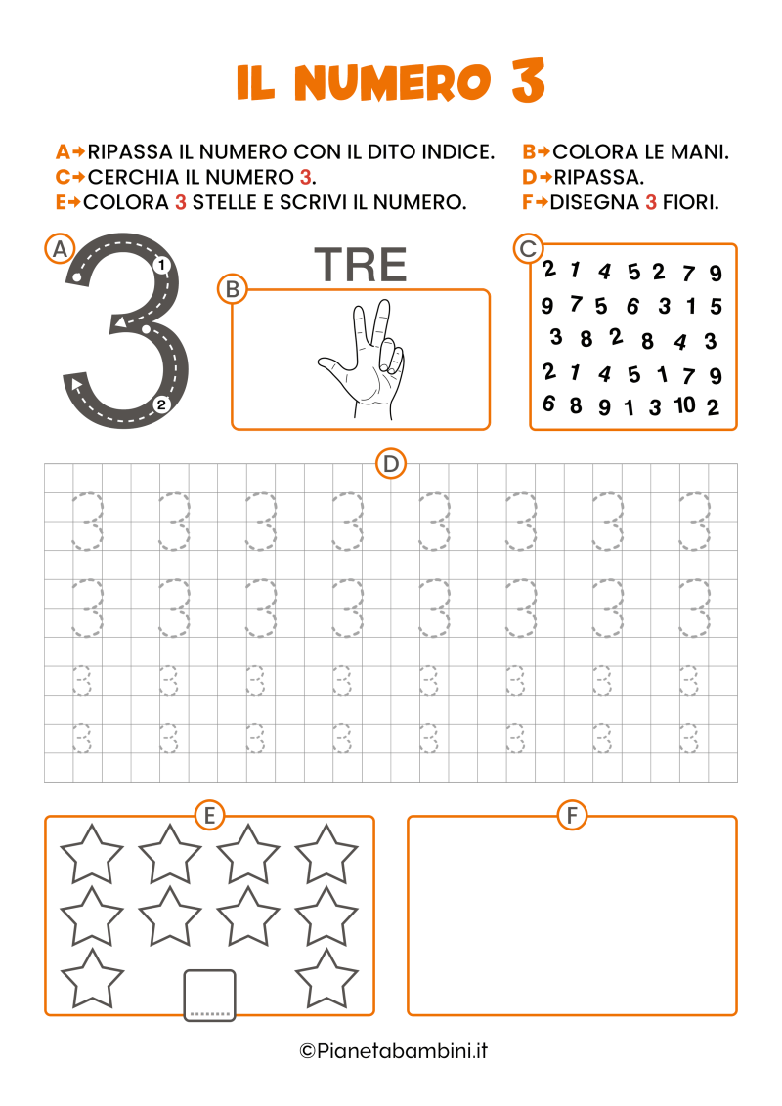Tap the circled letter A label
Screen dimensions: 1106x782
tap(60, 248)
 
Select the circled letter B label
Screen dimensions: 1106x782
tap(233, 288)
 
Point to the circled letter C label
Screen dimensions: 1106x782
tap(528, 248)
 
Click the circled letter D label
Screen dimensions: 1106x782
tap(391, 464)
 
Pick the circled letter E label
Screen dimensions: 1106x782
tap(209, 815)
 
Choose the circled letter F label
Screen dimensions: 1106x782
tap(572, 815)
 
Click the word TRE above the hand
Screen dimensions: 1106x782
tap(360, 265)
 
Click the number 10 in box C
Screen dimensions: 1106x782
tap(685, 404)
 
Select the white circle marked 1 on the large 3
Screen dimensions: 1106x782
tap(162, 264)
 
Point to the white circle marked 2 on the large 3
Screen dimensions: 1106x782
tap(162, 404)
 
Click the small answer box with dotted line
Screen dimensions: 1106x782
tap(209, 995)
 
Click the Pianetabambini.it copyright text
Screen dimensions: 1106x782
tap(393, 1051)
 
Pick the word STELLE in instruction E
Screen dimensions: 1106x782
tap(231, 202)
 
